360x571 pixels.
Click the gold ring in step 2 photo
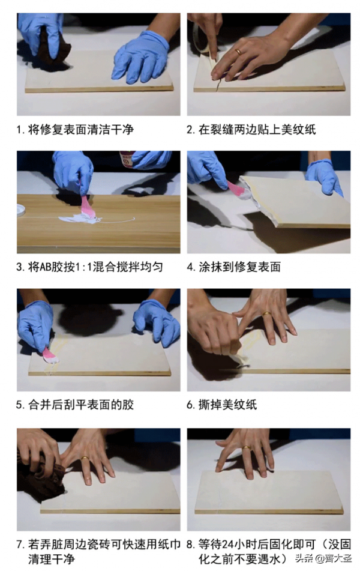[x=238, y=52]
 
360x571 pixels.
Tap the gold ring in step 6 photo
[x=266, y=313]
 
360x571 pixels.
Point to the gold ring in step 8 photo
[x=246, y=448]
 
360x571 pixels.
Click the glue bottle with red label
[x=127, y=159]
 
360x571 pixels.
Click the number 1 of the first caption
[x=19, y=129]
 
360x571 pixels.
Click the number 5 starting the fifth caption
[x=19, y=405]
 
